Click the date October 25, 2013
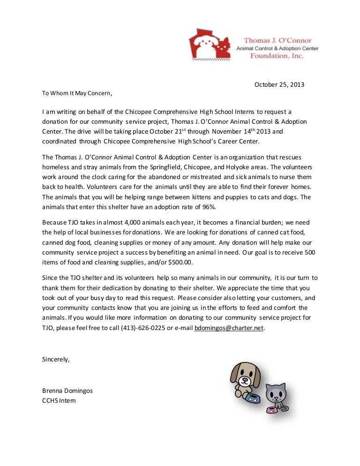pos(279,85)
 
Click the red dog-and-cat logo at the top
pos(210,43)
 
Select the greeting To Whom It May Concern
pos(77,93)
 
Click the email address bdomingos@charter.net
pos(229,329)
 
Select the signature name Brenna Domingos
pos(67,391)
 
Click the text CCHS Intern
pos(59,401)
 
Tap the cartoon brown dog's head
pos(245,374)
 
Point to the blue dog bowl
pos(253,399)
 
